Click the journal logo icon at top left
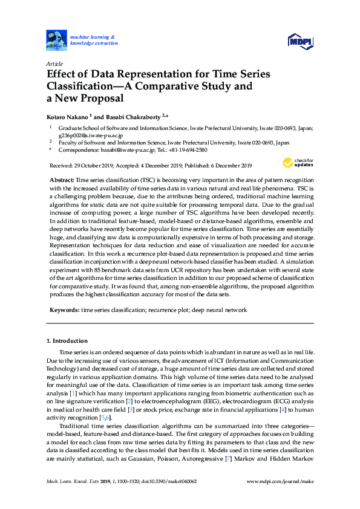point(56,41)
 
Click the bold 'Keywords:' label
point(64,310)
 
